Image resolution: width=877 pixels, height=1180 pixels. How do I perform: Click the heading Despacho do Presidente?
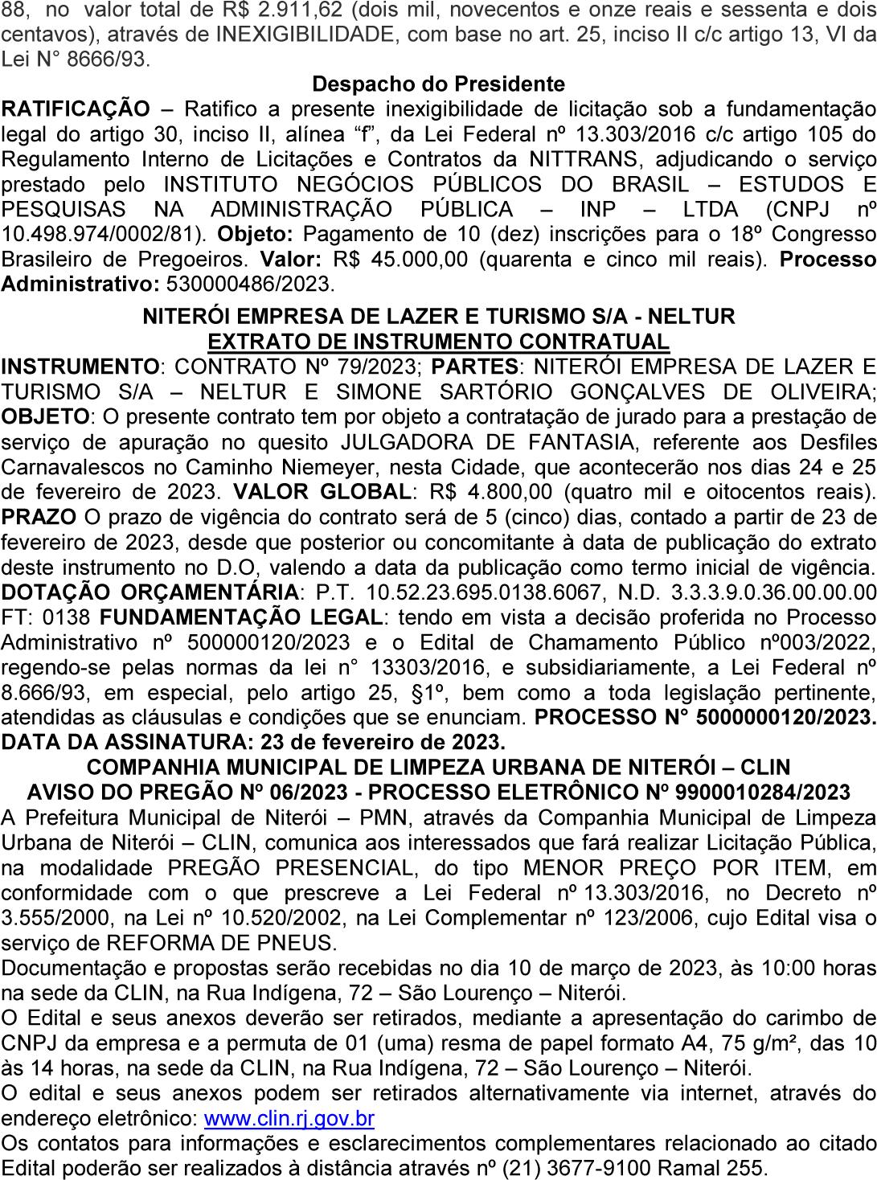click(x=438, y=84)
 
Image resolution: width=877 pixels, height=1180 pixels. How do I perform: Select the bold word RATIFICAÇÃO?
click(x=76, y=109)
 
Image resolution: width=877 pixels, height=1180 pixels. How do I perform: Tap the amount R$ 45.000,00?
click(x=371, y=260)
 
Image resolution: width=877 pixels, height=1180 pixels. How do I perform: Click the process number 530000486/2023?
click(x=248, y=285)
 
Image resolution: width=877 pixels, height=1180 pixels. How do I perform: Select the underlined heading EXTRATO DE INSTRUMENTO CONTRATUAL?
click(x=438, y=342)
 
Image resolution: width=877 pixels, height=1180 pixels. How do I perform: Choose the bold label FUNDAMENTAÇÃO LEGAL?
click(x=240, y=617)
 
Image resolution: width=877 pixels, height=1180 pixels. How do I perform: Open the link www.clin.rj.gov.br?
click(x=289, y=1118)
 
